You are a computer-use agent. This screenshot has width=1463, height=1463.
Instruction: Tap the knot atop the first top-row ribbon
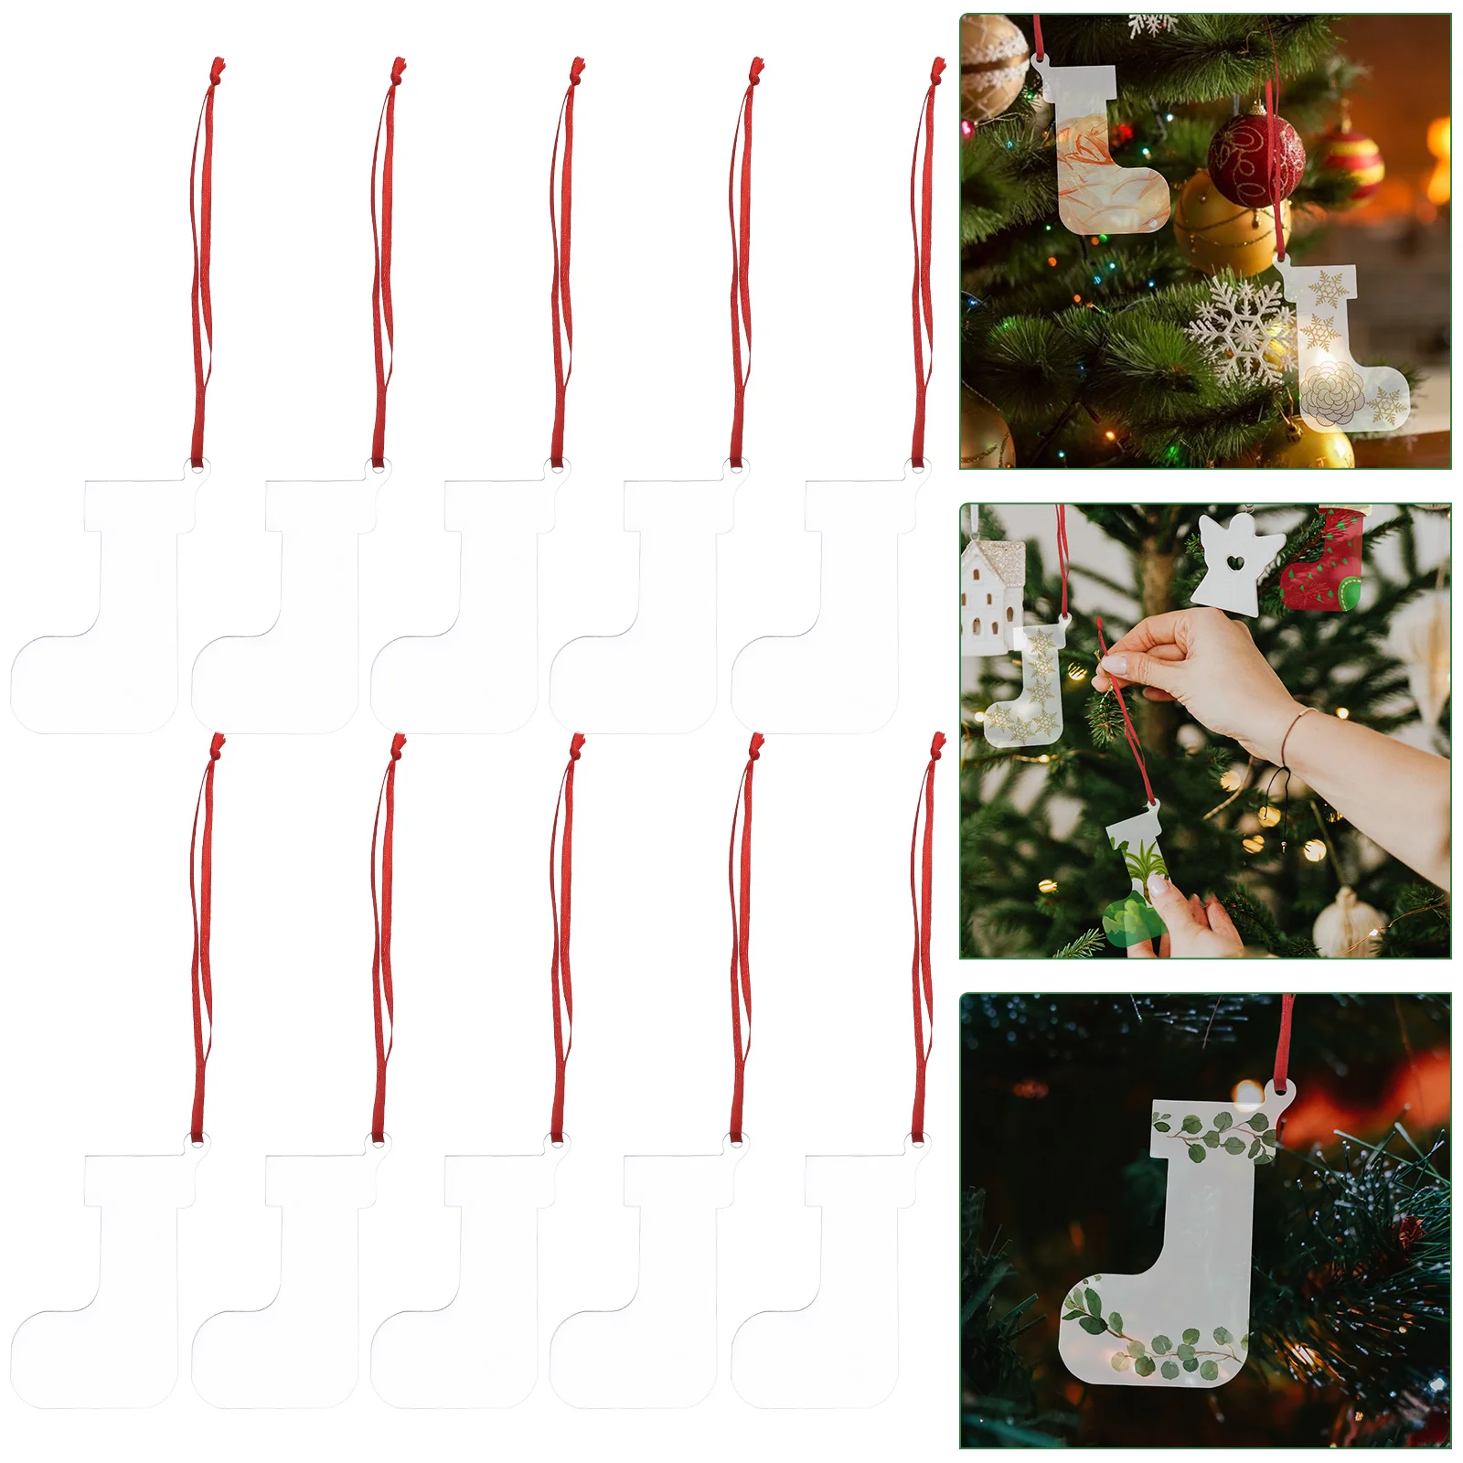coord(216,67)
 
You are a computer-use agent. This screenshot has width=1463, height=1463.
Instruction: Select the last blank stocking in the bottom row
coord(828,1280)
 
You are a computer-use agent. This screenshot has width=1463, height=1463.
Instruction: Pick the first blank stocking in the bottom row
coord(105,1280)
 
